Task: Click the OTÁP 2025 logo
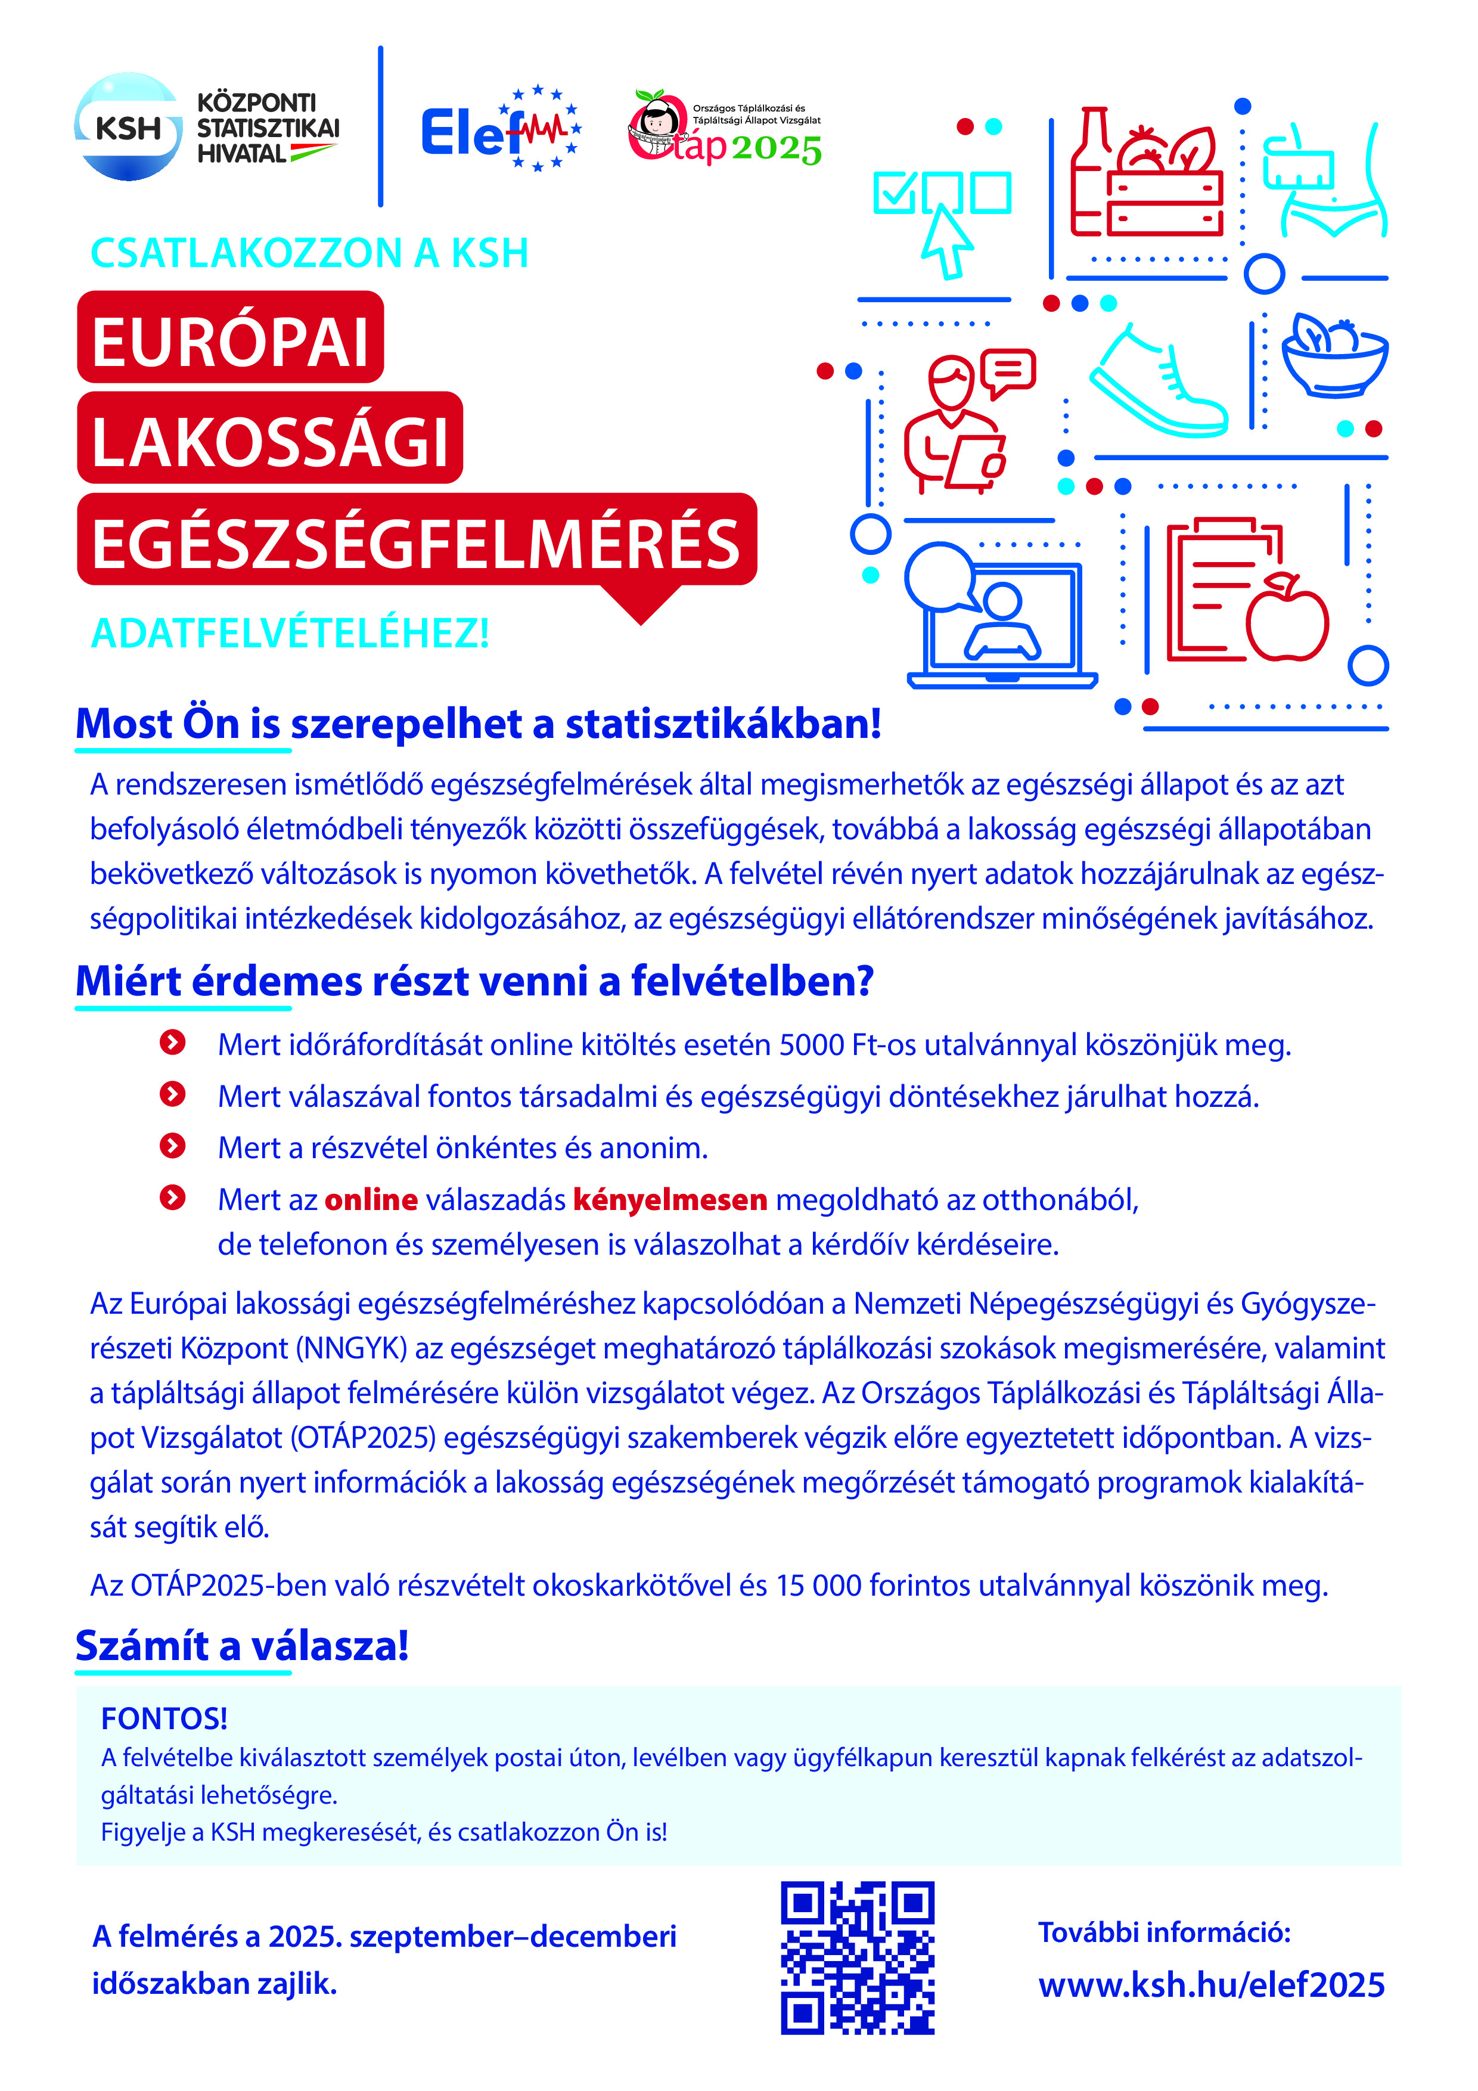[x=725, y=129]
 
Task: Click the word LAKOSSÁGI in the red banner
[x=269, y=442]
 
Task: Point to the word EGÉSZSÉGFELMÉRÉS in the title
[x=416, y=543]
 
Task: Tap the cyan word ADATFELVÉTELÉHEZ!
[x=290, y=634]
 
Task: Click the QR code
[x=857, y=1957]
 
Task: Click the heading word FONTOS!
[x=164, y=1718]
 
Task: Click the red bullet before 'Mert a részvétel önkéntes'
[x=172, y=1146]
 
